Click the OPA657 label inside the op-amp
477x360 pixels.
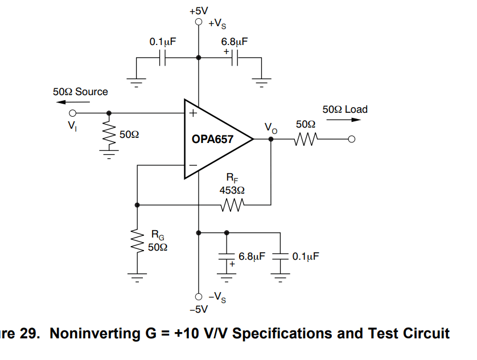[212, 138]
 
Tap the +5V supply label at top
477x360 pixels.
[199, 10]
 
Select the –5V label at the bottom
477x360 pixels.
[199, 309]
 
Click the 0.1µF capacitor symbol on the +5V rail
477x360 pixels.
[162, 58]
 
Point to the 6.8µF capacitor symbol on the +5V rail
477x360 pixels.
[235, 58]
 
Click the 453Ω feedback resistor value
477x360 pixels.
[232, 190]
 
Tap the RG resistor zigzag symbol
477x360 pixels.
[137, 243]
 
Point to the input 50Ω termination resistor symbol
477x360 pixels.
[109, 134]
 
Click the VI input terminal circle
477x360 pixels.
[72, 113]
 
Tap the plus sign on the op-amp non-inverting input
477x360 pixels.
[192, 113]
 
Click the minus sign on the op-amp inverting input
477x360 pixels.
[192, 165]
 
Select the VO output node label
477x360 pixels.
[271, 128]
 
